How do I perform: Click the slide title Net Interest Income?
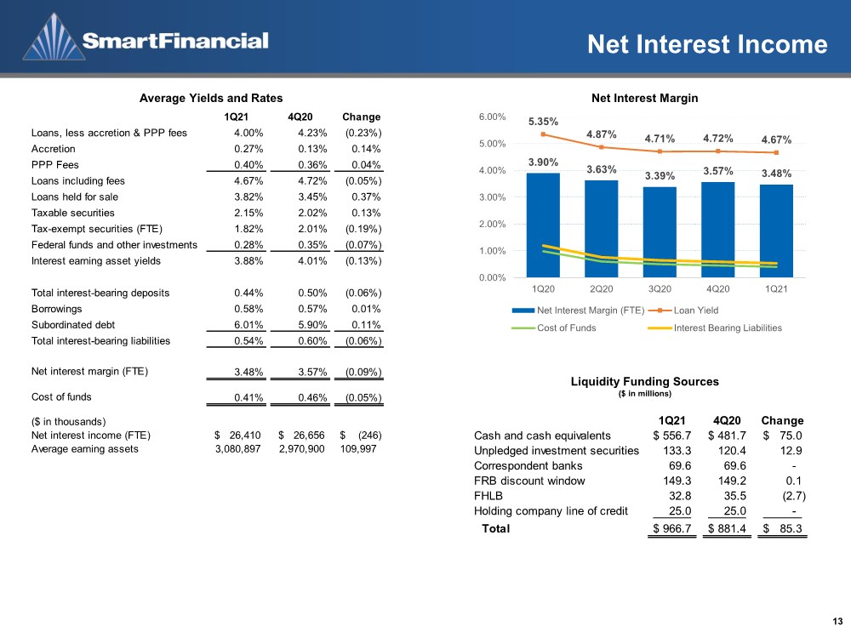pyautogui.click(x=707, y=44)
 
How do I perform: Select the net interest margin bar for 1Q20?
pyautogui.click(x=543, y=225)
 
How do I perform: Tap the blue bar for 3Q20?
pyautogui.click(x=660, y=232)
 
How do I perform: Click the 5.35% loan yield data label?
pyautogui.click(x=543, y=122)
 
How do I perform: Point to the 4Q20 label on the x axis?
pyautogui.click(x=717, y=289)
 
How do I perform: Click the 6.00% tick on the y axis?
pyautogui.click(x=492, y=117)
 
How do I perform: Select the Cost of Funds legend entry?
pyautogui.click(x=554, y=328)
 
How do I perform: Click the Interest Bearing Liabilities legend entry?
pyautogui.click(x=715, y=328)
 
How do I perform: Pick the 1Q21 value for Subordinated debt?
pyautogui.click(x=248, y=325)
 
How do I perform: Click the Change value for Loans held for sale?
pyautogui.click(x=366, y=197)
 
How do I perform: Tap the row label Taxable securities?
pyautogui.click(x=72, y=213)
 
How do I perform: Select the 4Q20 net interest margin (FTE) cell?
pyautogui.click(x=312, y=373)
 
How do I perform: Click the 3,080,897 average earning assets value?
pyautogui.click(x=237, y=448)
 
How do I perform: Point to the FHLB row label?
pyautogui.click(x=488, y=496)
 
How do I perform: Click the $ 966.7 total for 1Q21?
pyautogui.click(x=672, y=528)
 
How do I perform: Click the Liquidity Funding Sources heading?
pyautogui.click(x=645, y=381)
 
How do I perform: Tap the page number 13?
pyautogui.click(x=837, y=622)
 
